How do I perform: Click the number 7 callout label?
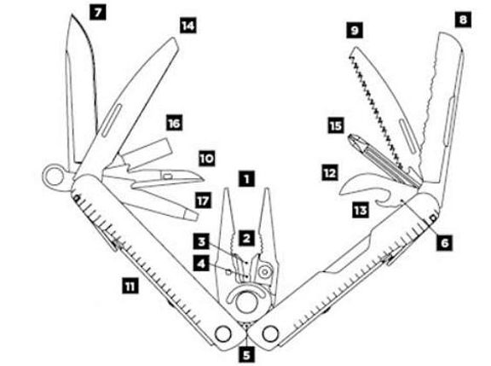tap(98, 13)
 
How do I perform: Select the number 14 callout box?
tap(188, 26)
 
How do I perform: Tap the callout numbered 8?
tap(463, 20)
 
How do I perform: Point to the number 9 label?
tap(355, 31)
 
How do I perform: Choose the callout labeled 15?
tap(336, 125)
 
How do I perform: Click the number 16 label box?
tap(175, 123)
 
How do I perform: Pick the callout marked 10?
tap(206, 159)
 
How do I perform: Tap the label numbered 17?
tap(203, 200)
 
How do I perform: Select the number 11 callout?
tap(130, 287)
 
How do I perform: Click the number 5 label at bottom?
tap(246, 356)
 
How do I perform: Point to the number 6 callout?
tap(445, 243)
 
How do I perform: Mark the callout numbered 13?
tap(360, 210)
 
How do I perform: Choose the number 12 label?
tap(330, 173)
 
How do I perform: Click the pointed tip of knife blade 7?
tap(72, 15)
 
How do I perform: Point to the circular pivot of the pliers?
tap(246, 302)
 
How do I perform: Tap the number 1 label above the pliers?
tap(246, 178)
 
